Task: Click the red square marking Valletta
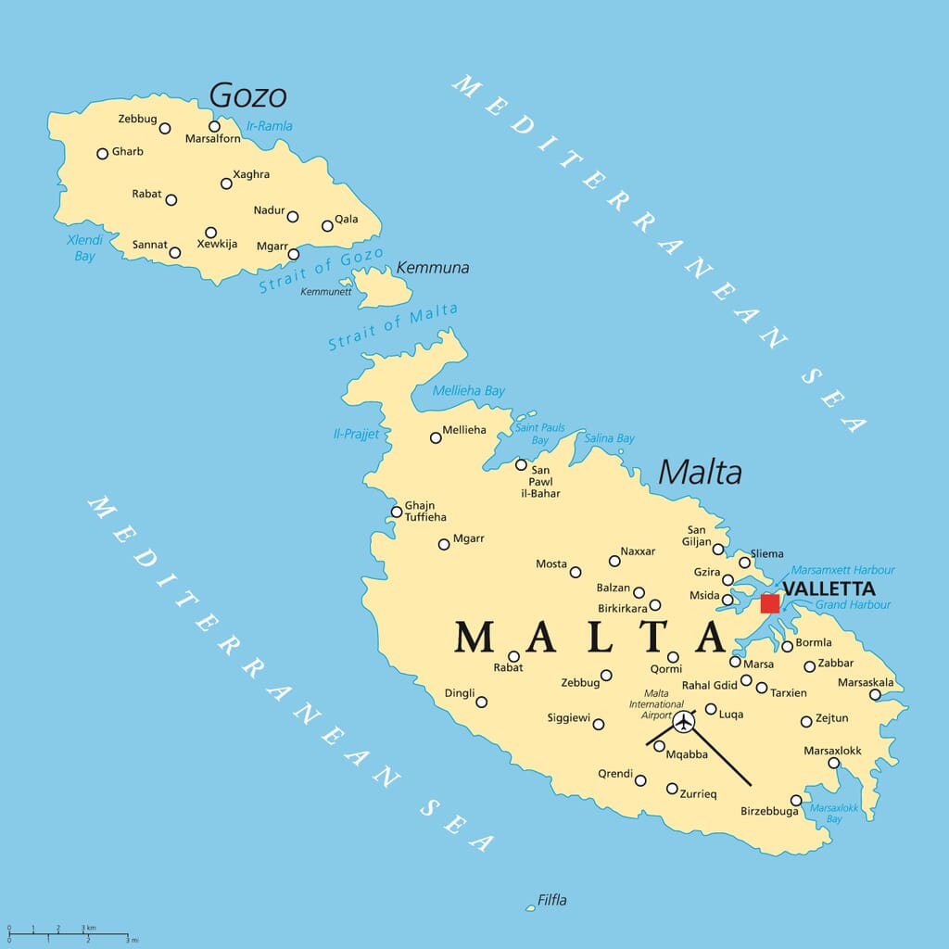[769, 603]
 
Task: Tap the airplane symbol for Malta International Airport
[683, 720]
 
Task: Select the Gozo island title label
[247, 95]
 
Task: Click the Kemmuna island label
[433, 268]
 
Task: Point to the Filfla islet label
[551, 900]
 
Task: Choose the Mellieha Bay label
[469, 390]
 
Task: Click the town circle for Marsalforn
[214, 126]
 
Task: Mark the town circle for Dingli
[481, 702]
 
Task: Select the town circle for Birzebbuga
[796, 800]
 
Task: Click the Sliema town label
[766, 554]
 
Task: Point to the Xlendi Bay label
[84, 247]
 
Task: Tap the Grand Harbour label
[853, 605]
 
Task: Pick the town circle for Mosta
[576, 572]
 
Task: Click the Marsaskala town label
[866, 682]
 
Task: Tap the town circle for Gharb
[102, 153]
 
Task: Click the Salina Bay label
[609, 438]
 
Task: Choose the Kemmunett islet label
[325, 291]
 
